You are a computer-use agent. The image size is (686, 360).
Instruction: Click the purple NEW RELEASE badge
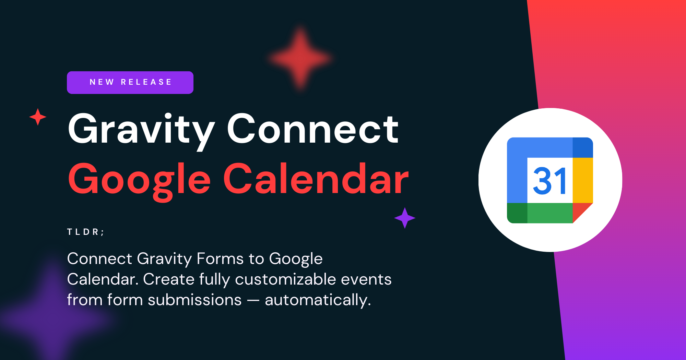coord(130,82)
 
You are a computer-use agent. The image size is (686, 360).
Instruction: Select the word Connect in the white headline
coord(312,129)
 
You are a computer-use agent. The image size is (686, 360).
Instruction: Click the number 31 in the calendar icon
coord(549,181)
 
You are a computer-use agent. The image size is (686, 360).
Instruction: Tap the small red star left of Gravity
coord(38,117)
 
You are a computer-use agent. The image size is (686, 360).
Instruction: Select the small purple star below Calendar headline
coord(405,218)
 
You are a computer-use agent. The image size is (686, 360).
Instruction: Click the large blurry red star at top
coord(300,58)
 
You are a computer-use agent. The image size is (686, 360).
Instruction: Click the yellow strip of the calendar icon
coord(583,180)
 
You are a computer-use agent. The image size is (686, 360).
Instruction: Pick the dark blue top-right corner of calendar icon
coord(582,148)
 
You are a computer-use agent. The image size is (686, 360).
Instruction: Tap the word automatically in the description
coord(318,300)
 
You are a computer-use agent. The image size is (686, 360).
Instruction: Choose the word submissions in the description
coord(194,300)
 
